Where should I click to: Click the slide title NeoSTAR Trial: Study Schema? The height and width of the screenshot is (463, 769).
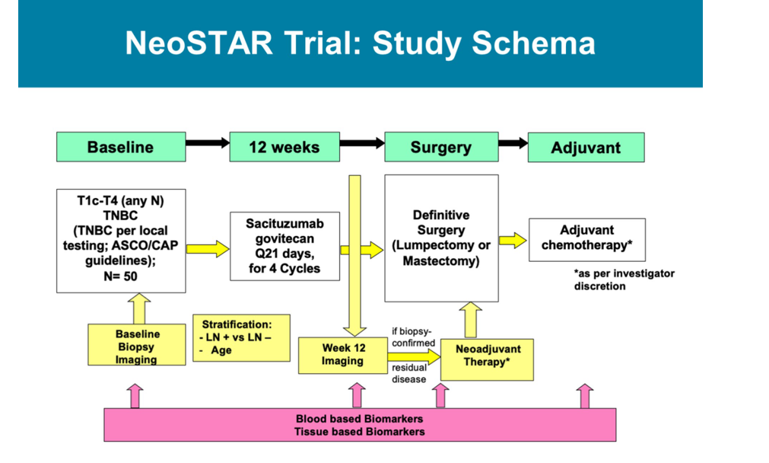(x=360, y=43)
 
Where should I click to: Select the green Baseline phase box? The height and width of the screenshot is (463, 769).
(x=120, y=147)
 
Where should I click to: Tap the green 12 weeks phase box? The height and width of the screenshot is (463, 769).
(x=284, y=147)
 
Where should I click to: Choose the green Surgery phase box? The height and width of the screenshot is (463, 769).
(x=440, y=147)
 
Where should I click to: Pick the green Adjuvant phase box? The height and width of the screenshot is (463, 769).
(x=586, y=148)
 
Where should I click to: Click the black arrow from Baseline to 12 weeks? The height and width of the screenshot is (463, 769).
(x=208, y=142)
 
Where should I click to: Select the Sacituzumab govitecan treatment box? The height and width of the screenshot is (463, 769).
(x=284, y=246)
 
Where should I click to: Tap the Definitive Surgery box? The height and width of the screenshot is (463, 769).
(x=441, y=238)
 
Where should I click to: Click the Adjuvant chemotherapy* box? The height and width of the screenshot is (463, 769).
(x=586, y=239)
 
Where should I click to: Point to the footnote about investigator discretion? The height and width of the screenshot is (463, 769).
(x=624, y=279)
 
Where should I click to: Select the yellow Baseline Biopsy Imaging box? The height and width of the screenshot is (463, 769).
(x=138, y=346)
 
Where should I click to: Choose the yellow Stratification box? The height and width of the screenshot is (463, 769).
(x=241, y=337)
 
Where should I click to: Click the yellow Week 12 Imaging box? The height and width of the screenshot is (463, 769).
(x=342, y=355)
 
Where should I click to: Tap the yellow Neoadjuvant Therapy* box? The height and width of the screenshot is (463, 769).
(x=486, y=356)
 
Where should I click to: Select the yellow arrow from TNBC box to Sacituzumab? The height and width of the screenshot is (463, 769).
(x=208, y=248)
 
